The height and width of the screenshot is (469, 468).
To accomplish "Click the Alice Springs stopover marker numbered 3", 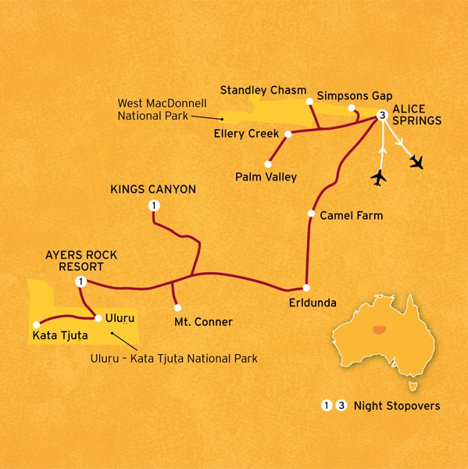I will click(381, 116).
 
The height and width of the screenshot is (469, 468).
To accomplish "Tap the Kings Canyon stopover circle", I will click(153, 206).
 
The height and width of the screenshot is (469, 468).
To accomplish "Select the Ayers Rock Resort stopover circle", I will click(80, 281).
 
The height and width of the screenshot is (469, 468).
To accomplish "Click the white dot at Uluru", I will click(98, 317).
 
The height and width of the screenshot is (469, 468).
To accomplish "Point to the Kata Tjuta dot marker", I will click(36, 325).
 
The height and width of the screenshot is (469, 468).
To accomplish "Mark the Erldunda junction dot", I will click(306, 287).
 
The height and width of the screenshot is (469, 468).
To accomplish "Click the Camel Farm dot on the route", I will click(311, 213).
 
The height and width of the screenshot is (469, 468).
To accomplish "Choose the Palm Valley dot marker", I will click(268, 164).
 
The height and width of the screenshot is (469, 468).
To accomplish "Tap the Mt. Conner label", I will click(204, 320).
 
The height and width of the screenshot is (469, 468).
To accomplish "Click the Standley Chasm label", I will click(263, 89).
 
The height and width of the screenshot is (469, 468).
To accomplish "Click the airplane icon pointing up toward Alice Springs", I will click(379, 177).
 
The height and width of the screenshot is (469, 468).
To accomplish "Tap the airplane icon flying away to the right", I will click(418, 162).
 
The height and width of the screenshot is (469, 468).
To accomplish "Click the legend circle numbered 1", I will click(326, 406).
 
